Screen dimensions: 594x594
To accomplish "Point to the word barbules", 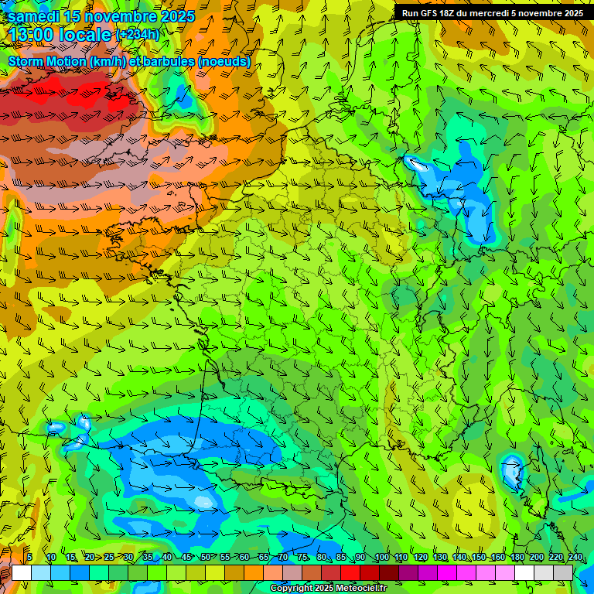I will pyautogui.click(x=167, y=61).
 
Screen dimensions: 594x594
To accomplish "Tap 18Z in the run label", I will pyautogui.click(x=446, y=13).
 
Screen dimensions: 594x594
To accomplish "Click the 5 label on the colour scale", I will pyautogui.click(x=29, y=558).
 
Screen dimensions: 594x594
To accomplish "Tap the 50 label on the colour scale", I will pyautogui.click(x=205, y=558).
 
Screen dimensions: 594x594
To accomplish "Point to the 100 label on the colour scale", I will pyautogui.click(x=381, y=558).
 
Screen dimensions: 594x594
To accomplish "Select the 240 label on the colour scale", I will pyautogui.click(x=575, y=558).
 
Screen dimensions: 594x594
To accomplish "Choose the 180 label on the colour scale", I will pyautogui.click(x=517, y=558).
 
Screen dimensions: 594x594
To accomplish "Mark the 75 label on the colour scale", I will pyautogui.click(x=302, y=558).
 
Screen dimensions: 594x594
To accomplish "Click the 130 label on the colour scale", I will pyautogui.click(x=440, y=558).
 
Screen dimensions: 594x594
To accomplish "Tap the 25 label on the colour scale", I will pyautogui.click(x=108, y=558).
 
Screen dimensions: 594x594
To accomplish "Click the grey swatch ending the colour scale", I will pyautogui.click(x=563, y=572).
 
